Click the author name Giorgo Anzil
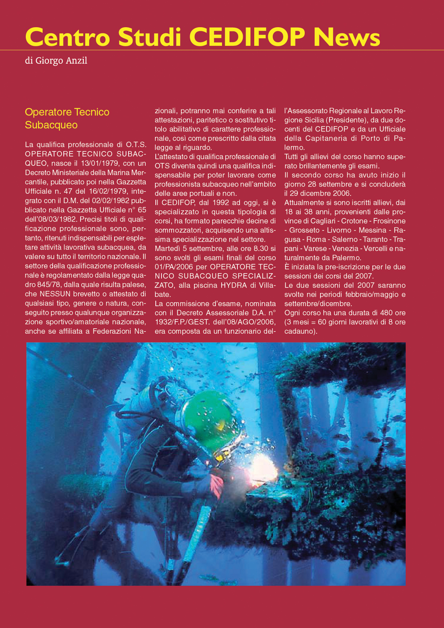pos(61,61)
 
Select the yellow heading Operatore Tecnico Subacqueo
pos(67,119)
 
